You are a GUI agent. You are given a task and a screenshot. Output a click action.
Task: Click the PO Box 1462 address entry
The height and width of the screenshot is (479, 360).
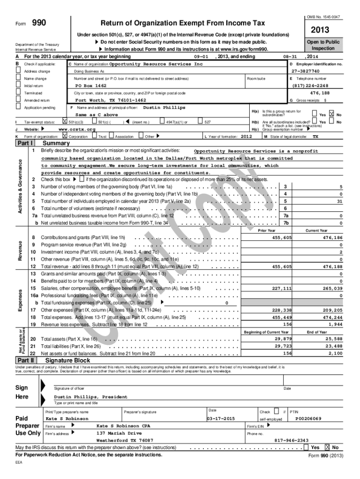click(91, 86)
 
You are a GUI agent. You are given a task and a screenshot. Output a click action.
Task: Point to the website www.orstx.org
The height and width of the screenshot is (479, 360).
click(77, 129)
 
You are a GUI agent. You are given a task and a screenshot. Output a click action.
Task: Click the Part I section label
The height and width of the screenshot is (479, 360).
click(25, 143)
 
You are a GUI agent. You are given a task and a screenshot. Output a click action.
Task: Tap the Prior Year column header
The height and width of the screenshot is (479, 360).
click(267, 231)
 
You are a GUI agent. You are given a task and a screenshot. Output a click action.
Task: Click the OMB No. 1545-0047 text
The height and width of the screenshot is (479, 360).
click(323, 17)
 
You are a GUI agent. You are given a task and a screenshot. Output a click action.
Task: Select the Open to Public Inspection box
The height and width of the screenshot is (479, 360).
click(323, 45)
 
